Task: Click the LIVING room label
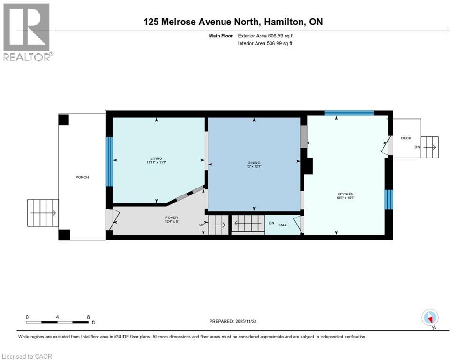156,158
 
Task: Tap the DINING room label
254,163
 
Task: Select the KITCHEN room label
346,194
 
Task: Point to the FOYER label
171,217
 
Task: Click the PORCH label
82,177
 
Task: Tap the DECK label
406,138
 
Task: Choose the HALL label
282,225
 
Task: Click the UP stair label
203,225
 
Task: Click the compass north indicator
430,317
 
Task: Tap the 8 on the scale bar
88,317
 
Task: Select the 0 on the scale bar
27,317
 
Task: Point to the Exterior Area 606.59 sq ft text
266,36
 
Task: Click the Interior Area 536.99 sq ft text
265,44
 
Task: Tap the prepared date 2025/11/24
254,321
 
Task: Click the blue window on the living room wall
109,161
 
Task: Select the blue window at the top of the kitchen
349,112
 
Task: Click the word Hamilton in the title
286,22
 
